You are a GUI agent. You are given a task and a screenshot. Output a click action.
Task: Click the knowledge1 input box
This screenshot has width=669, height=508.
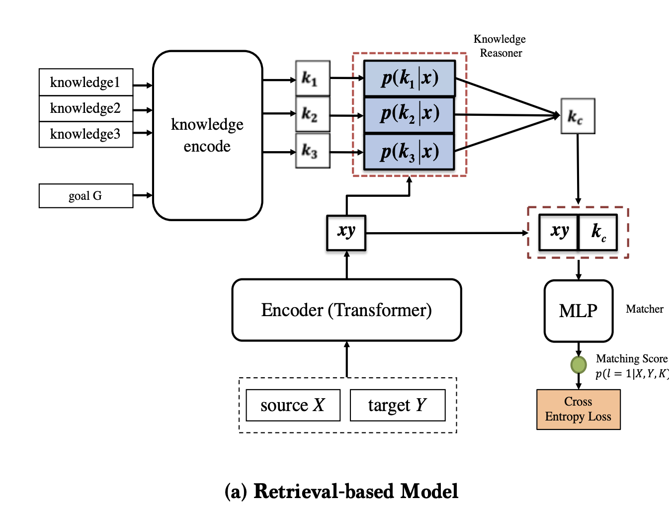coord(85,82)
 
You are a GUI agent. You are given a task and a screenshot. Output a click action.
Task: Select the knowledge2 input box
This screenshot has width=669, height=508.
coord(85,108)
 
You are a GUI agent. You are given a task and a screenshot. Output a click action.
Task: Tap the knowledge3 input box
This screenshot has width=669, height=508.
coord(85,134)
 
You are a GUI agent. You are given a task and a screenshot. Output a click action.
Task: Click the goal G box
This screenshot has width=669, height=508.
coord(85,196)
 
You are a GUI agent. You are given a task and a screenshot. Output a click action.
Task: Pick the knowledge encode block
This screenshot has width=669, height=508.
coord(207,135)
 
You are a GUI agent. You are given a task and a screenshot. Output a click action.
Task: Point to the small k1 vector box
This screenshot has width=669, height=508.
coord(313,78)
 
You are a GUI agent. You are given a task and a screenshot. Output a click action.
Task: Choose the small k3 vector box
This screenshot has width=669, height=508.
coord(313,151)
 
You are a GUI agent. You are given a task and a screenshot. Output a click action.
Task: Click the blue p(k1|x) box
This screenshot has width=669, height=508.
coord(409,78)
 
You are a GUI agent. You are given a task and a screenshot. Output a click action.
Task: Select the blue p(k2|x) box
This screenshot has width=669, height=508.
coord(409,114)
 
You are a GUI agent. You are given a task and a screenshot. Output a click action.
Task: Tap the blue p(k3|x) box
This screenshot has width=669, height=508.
coord(409,152)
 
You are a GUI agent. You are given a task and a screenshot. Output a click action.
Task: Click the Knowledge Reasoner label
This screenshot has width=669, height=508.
coord(500,46)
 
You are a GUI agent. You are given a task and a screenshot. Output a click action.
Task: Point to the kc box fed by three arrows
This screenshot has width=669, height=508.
coord(578,116)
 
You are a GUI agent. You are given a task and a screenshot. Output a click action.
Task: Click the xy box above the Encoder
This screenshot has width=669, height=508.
coord(346,233)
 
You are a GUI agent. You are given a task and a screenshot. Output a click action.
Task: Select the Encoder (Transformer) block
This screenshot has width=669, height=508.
coord(346,310)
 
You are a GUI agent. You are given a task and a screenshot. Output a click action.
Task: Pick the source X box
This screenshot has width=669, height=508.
coord(293,405)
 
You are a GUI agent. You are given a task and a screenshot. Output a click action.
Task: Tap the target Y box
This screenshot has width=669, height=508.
coord(397,405)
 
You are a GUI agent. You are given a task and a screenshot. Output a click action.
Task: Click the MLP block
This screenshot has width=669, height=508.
coord(579,311)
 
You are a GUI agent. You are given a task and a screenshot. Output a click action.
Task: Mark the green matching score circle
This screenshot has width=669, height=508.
coord(579,365)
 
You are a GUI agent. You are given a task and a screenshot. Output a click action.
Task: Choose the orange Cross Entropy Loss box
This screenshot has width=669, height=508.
coord(579,409)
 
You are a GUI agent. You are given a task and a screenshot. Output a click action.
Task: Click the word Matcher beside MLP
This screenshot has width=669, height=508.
coord(645,309)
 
